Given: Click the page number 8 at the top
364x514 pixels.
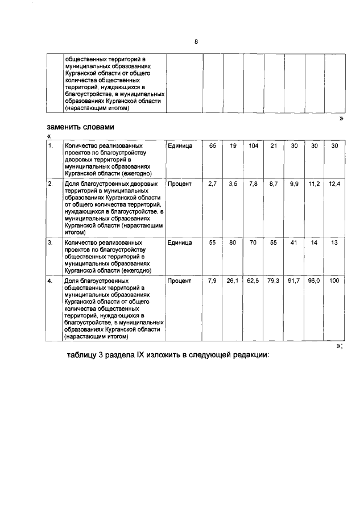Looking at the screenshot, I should click(196, 41).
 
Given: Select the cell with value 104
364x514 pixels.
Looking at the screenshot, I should click(253, 146).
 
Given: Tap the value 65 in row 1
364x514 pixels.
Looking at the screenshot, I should click(213, 146).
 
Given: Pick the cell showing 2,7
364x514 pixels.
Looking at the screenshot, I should click(213, 185).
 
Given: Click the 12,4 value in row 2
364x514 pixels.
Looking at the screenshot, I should click(334, 185).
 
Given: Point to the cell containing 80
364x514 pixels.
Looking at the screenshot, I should click(233, 243).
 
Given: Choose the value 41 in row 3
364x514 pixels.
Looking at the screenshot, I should click(293, 243).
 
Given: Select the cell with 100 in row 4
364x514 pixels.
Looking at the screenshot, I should click(334, 281).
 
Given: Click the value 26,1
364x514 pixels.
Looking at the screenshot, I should click(233, 281).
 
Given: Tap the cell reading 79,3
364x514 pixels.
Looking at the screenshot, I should click(274, 281).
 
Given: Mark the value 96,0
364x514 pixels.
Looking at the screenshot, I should click(314, 281).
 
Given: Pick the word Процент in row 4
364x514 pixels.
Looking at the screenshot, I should click(180, 281).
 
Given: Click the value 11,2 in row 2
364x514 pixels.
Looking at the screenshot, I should click(314, 185).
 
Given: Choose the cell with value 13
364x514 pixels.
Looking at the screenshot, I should click(334, 243).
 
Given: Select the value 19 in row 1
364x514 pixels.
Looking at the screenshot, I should click(233, 146).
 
